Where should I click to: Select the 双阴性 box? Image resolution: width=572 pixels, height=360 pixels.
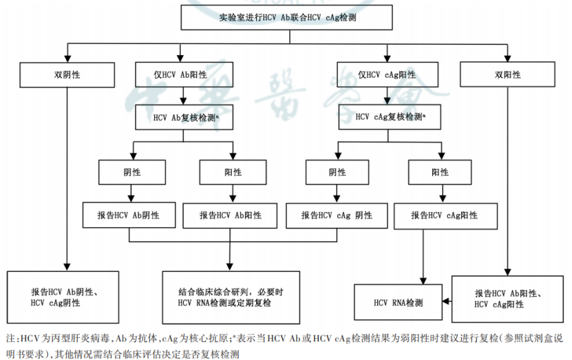point(66,74)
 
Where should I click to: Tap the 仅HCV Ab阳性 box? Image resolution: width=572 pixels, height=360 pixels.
point(180,74)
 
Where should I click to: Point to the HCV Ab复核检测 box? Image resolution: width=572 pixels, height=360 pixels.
point(182,118)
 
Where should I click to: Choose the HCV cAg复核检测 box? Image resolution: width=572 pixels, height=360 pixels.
point(387,117)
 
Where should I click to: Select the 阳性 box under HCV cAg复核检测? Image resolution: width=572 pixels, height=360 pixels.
point(441,172)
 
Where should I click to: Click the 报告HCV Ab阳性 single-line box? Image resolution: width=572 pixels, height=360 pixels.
point(231,215)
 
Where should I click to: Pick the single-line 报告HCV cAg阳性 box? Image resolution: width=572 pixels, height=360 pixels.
point(444,215)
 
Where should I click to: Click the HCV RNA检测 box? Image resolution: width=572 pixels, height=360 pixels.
point(398,303)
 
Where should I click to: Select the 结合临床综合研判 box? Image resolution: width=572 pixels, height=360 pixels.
point(231,297)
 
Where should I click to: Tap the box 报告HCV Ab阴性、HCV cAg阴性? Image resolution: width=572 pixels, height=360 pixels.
point(66,297)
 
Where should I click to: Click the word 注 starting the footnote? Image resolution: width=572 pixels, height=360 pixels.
point(10,339)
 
